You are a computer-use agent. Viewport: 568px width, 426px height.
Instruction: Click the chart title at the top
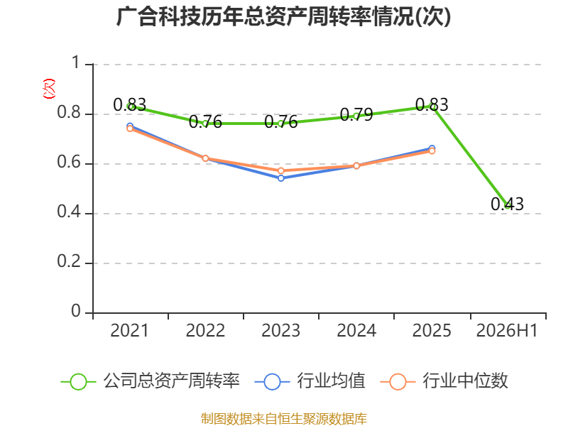283,16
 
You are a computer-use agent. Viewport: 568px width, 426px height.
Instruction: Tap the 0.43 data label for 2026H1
507,204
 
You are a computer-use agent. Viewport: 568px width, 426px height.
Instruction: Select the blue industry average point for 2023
281,178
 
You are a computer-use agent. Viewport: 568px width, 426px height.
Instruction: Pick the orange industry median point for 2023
281,170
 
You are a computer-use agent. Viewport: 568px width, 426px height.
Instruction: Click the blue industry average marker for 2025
432,148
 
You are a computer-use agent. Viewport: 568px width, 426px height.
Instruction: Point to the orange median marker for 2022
205,158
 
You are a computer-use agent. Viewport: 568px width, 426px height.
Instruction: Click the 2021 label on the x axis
130,330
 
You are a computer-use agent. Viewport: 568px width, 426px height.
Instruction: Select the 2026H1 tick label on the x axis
507,330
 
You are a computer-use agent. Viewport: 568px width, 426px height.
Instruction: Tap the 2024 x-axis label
356,330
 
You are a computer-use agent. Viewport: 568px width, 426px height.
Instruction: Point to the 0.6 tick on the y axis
69,162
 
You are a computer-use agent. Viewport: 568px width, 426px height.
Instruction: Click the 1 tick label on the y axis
76,62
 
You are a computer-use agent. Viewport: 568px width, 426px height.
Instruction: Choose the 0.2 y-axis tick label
69,261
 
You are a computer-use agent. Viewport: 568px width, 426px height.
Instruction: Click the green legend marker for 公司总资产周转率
78,382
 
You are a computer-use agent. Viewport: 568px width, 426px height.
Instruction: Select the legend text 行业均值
331,381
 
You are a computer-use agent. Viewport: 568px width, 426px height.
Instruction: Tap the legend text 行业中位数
466,381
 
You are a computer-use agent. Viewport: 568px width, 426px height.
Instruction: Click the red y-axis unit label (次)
49,89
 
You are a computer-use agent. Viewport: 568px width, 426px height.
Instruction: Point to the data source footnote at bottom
284,419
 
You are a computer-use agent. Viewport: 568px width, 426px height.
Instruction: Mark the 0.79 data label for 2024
356,115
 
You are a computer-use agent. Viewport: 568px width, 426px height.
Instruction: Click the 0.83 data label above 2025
432,104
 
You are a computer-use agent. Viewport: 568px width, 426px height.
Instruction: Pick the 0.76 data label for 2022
205,122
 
